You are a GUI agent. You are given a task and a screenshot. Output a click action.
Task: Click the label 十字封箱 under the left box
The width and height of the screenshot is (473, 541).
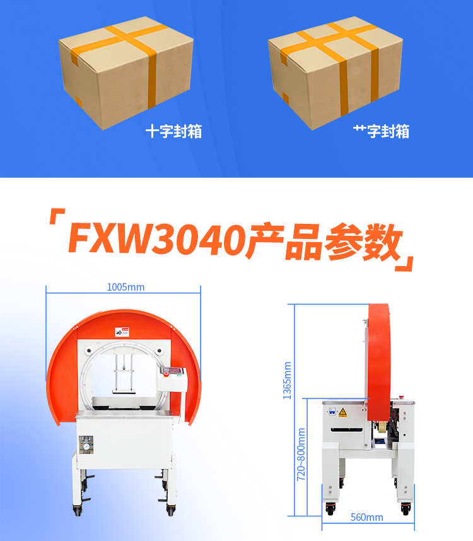click(x=174, y=131)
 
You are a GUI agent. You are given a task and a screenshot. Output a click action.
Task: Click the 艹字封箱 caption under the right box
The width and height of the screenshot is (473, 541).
click(x=381, y=131)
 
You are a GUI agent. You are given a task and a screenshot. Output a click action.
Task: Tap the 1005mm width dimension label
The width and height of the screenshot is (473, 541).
click(x=126, y=288)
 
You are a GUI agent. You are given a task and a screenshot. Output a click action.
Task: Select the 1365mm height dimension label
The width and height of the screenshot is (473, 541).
click(x=288, y=380)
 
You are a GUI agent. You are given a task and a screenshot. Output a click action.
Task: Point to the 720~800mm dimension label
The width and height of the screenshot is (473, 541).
click(x=301, y=455)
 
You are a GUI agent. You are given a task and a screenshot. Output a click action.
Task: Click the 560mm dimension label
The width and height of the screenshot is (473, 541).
click(x=366, y=517)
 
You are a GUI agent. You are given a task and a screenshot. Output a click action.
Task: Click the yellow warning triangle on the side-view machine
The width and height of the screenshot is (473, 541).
click(x=342, y=412)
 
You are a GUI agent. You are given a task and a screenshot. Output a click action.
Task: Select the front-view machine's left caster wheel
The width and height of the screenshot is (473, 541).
click(x=78, y=508)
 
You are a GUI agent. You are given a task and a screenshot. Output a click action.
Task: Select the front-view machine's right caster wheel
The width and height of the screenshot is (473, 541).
click(x=170, y=508)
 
